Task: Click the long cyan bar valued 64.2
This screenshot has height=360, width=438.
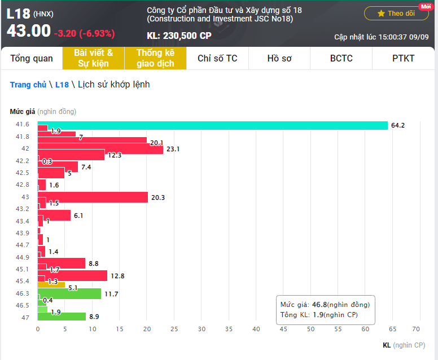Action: (213, 125)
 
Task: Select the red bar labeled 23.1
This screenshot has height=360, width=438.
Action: (100, 149)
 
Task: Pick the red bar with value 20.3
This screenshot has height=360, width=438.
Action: (93, 197)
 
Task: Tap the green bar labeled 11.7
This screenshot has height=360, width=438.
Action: (69, 293)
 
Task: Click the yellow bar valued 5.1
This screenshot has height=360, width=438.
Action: (51, 286)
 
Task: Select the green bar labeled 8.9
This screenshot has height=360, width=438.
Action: (62, 317)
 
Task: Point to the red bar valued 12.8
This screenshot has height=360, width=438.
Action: (72, 275)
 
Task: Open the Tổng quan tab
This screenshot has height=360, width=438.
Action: (32, 58)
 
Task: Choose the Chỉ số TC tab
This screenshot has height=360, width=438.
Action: (217, 58)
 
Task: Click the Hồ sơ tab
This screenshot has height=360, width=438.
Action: (279, 58)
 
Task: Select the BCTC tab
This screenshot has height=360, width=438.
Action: (341, 58)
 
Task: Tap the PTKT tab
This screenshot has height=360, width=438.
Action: (403, 58)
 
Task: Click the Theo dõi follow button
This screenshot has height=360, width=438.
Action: (396, 13)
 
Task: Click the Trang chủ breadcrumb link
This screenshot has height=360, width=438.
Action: (28, 85)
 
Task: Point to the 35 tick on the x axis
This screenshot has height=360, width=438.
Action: (229, 328)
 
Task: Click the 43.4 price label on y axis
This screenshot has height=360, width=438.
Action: (23, 221)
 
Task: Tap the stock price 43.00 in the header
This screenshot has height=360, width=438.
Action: (29, 31)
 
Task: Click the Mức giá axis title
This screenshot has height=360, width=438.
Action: (22, 111)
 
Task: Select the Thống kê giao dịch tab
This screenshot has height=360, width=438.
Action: (155, 58)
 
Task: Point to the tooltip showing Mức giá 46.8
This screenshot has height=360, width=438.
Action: (325, 310)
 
